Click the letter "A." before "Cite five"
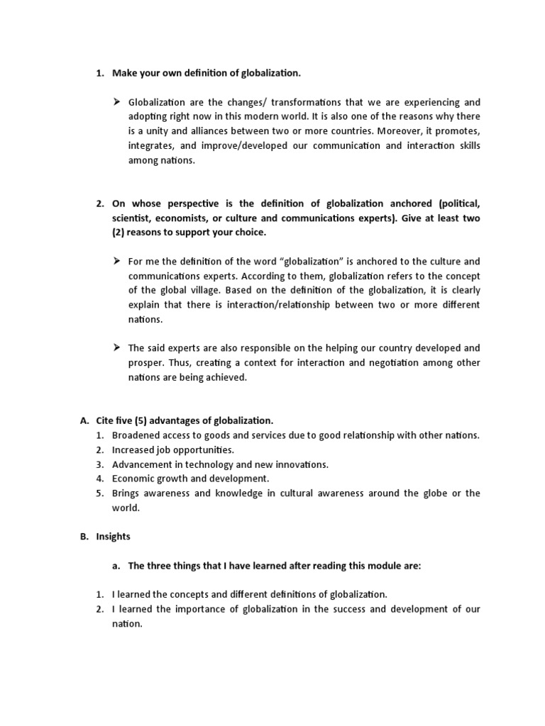[84, 420]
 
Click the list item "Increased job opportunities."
[172, 449]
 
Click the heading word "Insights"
[114, 537]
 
